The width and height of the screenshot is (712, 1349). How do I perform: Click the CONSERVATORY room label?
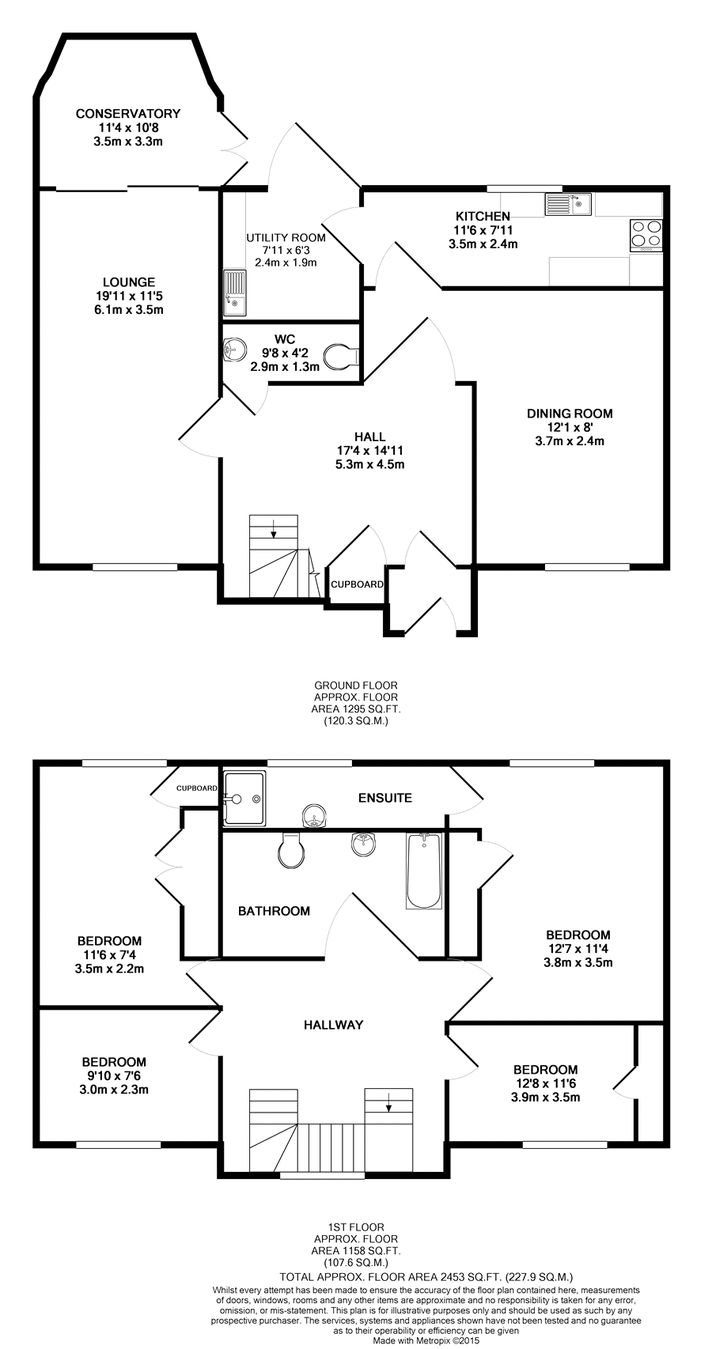point(127,113)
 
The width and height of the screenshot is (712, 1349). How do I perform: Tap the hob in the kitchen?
point(646,236)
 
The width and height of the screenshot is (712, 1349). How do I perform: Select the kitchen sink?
point(568,204)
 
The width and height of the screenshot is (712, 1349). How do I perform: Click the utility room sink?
point(235,293)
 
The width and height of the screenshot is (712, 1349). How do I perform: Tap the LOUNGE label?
point(129,282)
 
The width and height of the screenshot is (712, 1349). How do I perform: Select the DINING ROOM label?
point(570,413)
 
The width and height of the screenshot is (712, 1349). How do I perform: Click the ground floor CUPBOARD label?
point(358,584)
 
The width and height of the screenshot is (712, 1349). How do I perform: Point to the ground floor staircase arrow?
point(274,528)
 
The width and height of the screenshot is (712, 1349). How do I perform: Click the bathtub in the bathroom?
point(424,871)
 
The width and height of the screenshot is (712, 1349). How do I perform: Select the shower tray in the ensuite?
point(244,799)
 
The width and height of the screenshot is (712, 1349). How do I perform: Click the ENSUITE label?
point(385,798)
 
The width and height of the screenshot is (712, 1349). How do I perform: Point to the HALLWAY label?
point(333,1024)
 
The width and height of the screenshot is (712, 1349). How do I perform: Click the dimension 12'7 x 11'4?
point(578,949)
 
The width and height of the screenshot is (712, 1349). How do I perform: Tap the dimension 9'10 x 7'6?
point(115,1075)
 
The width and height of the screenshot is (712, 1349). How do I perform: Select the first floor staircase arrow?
point(388,1101)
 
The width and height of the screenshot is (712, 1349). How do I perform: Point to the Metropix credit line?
point(426,1340)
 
